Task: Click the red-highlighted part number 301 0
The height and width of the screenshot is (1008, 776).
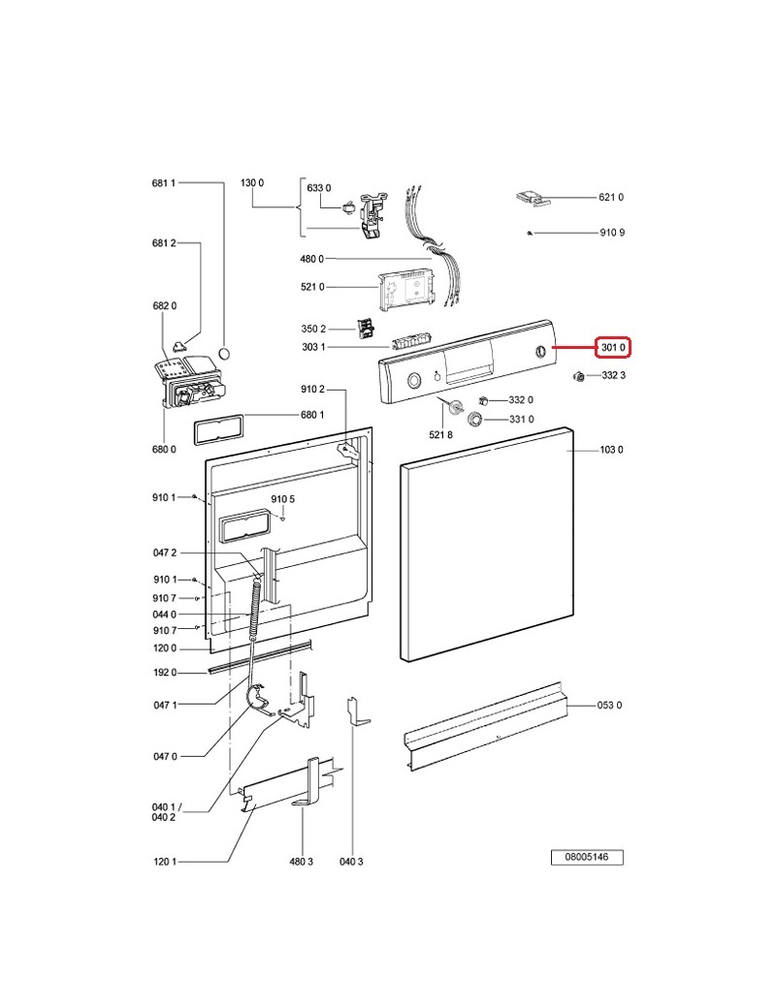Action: [613, 347]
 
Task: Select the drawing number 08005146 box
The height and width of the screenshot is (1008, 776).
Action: [587, 858]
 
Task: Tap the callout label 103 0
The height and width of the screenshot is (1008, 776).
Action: [611, 450]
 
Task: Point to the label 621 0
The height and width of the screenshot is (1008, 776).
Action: [611, 198]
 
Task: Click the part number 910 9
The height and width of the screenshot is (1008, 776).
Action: [612, 233]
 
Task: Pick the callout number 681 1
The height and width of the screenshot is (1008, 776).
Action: [164, 182]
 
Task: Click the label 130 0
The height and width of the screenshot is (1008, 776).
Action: [252, 182]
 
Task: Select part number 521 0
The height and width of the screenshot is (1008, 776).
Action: [312, 287]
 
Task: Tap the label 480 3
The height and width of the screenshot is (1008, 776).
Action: [302, 861]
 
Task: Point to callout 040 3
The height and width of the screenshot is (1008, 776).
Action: [351, 861]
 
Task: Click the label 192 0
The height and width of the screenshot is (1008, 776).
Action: [165, 673]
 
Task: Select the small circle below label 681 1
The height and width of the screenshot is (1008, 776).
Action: [225, 353]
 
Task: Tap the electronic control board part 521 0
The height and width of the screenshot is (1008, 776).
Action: [405, 289]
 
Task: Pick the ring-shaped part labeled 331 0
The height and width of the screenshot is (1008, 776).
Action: [476, 420]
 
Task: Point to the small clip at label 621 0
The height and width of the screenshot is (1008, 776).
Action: [533, 198]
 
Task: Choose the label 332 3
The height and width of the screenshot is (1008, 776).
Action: [613, 375]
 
